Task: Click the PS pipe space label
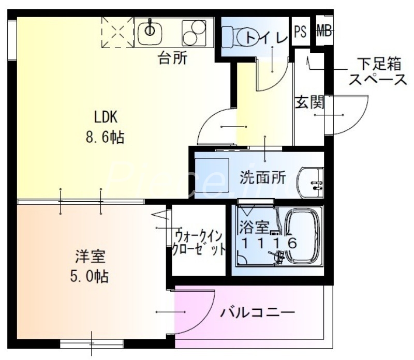tap(300, 31)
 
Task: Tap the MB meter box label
tap(324, 31)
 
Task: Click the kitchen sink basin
tap(151, 30)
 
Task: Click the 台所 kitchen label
tap(172, 58)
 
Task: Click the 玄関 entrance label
tap(309, 102)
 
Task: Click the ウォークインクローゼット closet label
tap(199, 243)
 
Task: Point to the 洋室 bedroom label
tap(91, 256)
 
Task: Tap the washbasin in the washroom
tap(311, 182)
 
